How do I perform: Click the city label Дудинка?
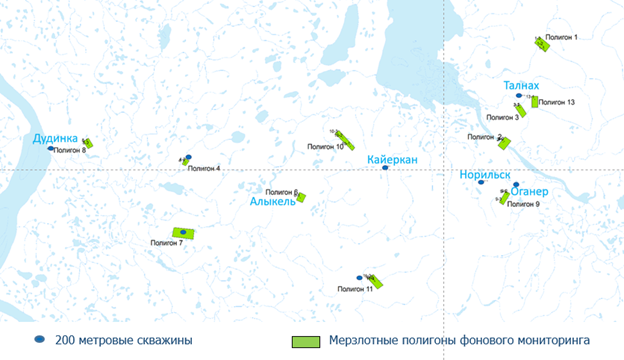(55, 138)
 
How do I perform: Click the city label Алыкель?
(272, 201)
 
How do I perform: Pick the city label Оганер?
(530, 192)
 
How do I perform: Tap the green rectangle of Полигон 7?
(182, 233)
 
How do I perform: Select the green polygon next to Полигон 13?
(535, 101)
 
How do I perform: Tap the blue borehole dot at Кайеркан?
(385, 168)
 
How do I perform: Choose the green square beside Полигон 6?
(301, 197)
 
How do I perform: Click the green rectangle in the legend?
(305, 341)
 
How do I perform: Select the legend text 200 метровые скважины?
(124, 340)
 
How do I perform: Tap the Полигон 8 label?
(69, 150)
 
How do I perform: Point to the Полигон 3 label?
(502, 118)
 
